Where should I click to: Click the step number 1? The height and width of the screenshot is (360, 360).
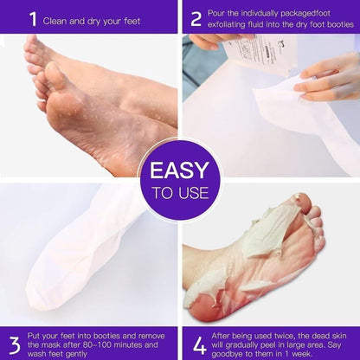33,17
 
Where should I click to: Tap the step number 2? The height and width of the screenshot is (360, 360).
196,17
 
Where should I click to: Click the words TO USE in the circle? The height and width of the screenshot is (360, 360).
179,193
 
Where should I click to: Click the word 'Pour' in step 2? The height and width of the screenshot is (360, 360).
222,12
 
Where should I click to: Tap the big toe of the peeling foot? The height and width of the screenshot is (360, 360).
302,209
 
